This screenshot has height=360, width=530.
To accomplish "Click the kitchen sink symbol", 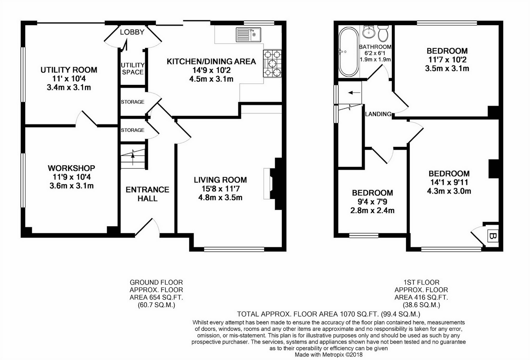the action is coord(248,35).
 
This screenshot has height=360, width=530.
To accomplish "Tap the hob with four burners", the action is coord(272,64).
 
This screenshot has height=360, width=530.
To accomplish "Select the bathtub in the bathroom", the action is coord(349,52).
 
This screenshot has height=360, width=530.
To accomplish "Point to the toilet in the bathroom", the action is coord(383,33).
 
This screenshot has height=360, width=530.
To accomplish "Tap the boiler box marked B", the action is coord(493,236).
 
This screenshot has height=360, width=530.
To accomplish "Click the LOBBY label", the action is coord(132,32).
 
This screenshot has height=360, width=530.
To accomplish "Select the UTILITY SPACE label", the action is coord(133,69).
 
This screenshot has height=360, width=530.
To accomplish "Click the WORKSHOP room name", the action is coord(71,168).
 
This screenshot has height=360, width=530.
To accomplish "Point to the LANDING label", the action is coord(378,114).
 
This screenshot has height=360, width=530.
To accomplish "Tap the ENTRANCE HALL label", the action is coord(147,194).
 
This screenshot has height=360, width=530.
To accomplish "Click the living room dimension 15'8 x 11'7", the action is coord(220,189).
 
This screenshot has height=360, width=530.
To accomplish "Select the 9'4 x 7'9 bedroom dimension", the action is coord(372,202).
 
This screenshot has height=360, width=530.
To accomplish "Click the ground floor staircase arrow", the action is coord(133,158).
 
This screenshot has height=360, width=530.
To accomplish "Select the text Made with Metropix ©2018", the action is coord(329,355).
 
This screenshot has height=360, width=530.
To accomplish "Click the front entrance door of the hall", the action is coord(147,228).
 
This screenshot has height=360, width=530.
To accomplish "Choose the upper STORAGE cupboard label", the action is coord(133,102).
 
